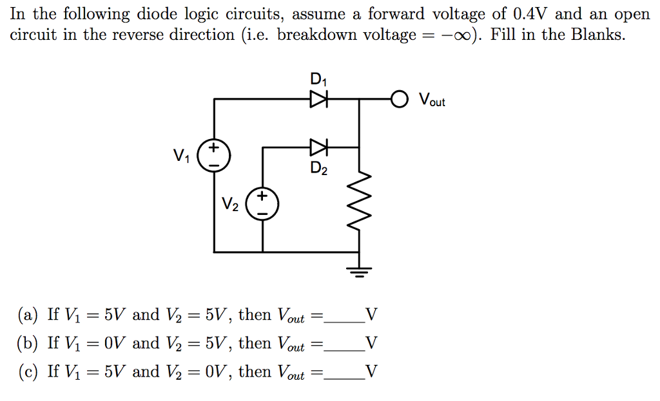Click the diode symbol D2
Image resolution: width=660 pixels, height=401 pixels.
point(319,147)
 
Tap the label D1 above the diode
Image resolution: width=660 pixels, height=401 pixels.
point(318,80)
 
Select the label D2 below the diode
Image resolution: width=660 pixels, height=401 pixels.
point(318,169)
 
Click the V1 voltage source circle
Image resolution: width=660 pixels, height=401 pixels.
point(213,156)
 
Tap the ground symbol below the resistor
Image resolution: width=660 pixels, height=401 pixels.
point(359,270)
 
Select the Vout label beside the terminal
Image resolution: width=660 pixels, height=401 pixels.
point(431,100)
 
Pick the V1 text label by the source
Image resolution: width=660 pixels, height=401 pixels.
point(182,156)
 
